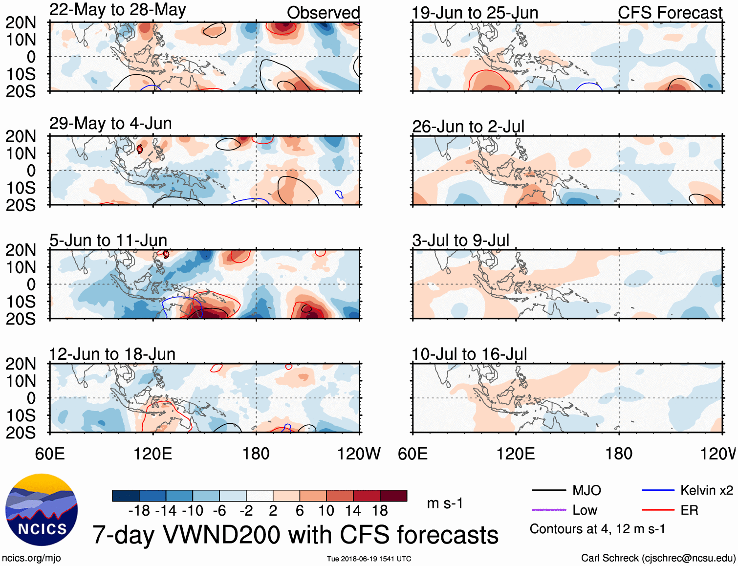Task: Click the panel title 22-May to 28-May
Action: point(117,10)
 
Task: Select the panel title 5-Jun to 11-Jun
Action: point(108,240)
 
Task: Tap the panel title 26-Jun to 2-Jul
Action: point(468,127)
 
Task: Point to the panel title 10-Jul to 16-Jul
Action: point(469,354)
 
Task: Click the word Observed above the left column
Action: point(323,13)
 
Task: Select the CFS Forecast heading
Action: point(670,13)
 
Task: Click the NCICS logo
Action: point(42,510)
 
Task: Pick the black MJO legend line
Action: point(548,490)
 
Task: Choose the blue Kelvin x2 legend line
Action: point(658,490)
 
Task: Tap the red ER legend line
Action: point(658,510)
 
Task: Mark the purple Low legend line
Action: point(548,510)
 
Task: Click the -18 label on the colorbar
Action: point(139,511)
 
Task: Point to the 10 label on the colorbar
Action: point(326,511)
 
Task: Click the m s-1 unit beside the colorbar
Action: point(445,503)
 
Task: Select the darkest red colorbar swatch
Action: point(393,496)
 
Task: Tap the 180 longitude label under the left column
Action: point(256,454)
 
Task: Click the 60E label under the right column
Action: point(412,454)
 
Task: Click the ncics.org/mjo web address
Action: point(31,558)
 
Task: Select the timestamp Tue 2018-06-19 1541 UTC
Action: point(369,559)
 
